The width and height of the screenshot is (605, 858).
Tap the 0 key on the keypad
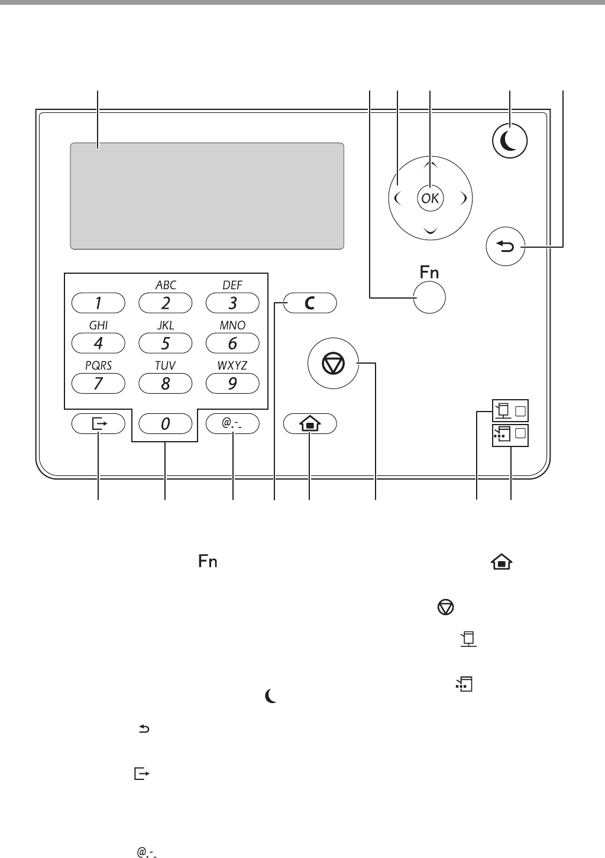(x=165, y=423)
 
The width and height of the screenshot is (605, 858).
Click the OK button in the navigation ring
(x=430, y=199)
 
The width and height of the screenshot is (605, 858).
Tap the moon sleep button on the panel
(x=510, y=141)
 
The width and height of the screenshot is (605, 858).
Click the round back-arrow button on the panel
(x=505, y=247)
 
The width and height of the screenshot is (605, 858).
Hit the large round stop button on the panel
(x=333, y=363)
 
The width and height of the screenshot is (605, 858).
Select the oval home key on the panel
(x=310, y=423)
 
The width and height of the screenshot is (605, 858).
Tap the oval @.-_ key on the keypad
(x=232, y=423)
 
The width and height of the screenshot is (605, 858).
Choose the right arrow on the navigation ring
(x=464, y=198)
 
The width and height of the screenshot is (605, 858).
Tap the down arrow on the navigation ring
(x=431, y=230)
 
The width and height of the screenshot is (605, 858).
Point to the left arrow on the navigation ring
(x=397, y=198)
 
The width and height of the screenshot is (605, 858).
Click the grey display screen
(x=207, y=196)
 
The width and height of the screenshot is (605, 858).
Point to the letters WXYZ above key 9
(x=232, y=365)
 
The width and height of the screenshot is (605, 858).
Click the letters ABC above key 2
(x=166, y=285)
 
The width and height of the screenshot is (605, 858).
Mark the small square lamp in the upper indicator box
(x=520, y=411)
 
